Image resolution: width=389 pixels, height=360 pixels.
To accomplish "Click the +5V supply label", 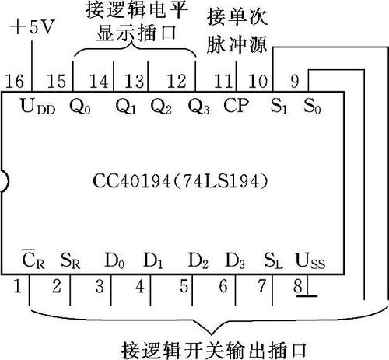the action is pos(33,27).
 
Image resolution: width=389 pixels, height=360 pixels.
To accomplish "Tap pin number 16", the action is pos(15,81).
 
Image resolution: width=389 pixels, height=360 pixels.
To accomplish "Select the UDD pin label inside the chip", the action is pos(38,107).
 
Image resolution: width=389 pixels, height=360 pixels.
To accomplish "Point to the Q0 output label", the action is pos(80,107).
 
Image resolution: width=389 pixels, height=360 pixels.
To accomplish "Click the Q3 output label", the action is pos(198,107).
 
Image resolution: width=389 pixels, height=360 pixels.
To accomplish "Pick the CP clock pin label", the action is pos(236,105).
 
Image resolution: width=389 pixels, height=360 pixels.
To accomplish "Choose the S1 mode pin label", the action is pos(279,107).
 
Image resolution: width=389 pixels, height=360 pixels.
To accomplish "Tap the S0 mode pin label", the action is pos(312,107).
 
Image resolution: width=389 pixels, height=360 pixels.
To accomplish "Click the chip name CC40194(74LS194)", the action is pos(180,181).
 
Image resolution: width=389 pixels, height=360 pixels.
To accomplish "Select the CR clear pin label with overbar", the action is pos(33,259).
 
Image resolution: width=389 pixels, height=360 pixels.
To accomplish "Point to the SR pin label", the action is pos(70,260).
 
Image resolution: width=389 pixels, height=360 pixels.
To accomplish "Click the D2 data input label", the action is pos(198,260).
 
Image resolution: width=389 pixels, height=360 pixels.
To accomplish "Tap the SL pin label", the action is pos(273,260).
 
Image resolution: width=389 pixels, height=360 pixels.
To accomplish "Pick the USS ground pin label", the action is pos(310,260).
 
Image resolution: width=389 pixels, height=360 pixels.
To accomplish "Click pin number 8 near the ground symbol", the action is pos(298,285).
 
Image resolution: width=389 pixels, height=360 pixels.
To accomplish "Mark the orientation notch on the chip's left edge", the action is pos(5,181).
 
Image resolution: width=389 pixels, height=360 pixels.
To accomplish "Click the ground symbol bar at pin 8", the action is pos(307,295).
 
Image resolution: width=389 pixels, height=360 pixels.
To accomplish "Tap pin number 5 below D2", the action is pos(184,286).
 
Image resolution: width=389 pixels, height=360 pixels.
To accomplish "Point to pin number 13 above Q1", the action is pos(135,81).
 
